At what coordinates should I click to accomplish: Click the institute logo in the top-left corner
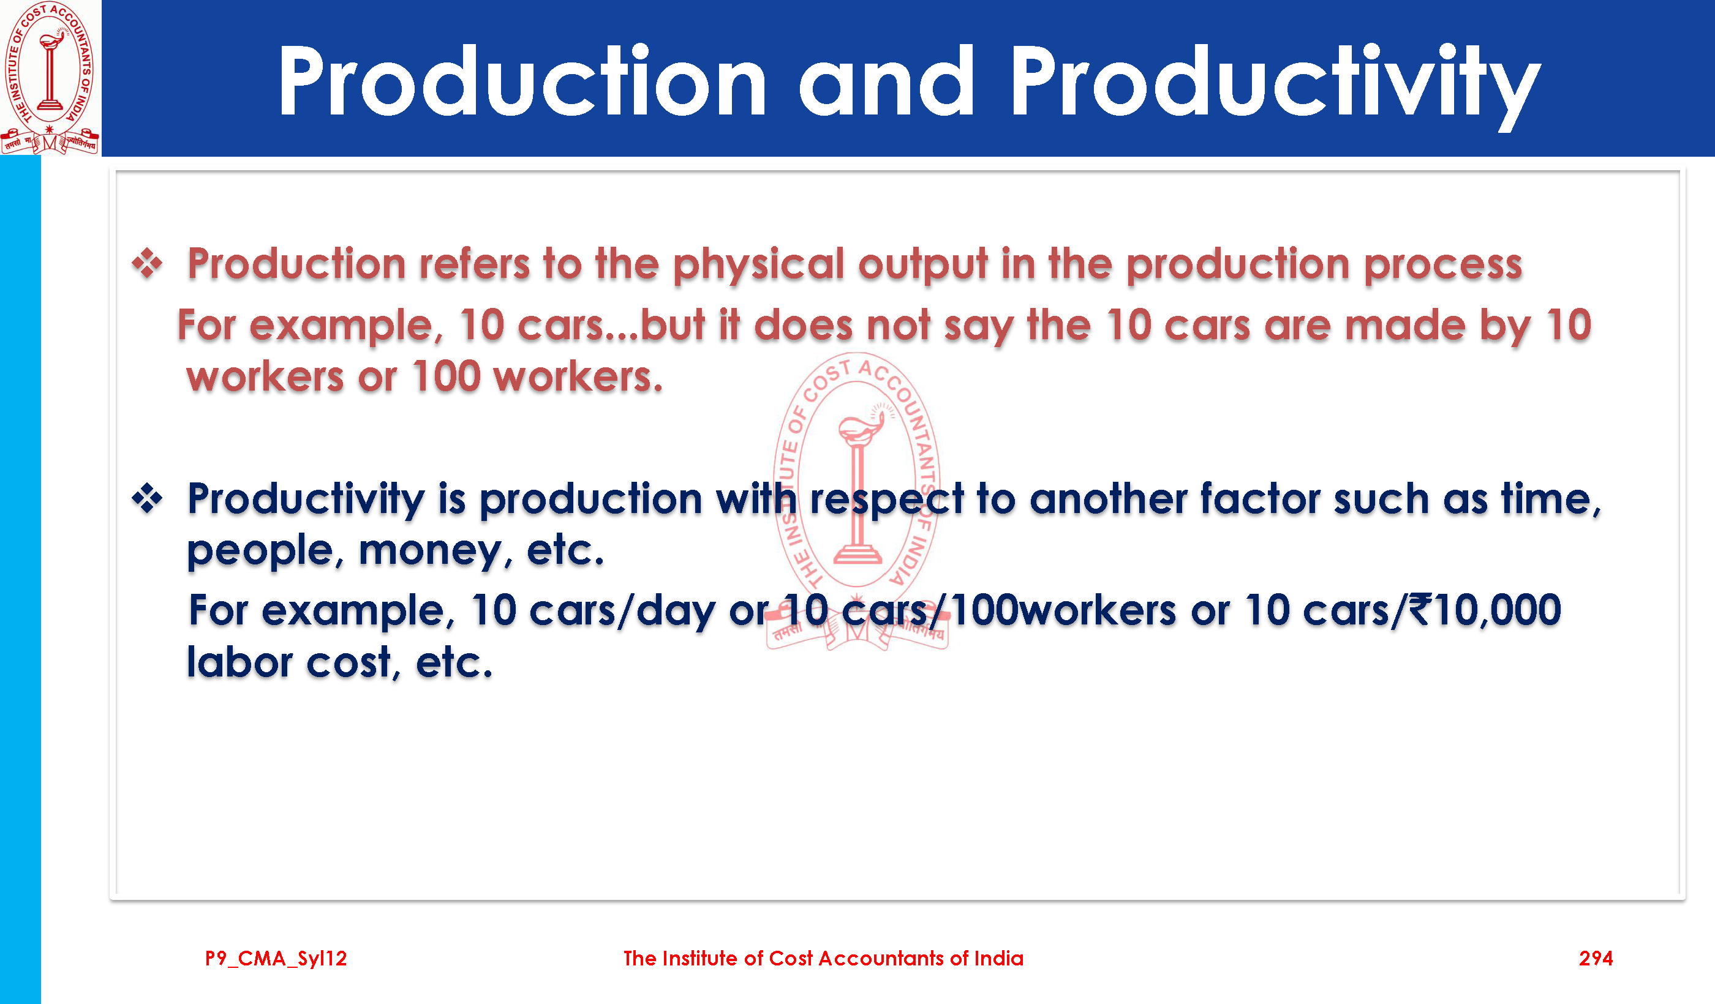pyautogui.click(x=50, y=78)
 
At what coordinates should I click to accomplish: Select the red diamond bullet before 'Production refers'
pyautogui.click(x=147, y=263)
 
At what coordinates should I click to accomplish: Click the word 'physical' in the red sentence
pyautogui.click(x=759, y=265)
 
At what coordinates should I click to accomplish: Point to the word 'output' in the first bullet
pyautogui.click(x=923, y=265)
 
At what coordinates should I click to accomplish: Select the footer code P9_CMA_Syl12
pyautogui.click(x=276, y=959)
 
